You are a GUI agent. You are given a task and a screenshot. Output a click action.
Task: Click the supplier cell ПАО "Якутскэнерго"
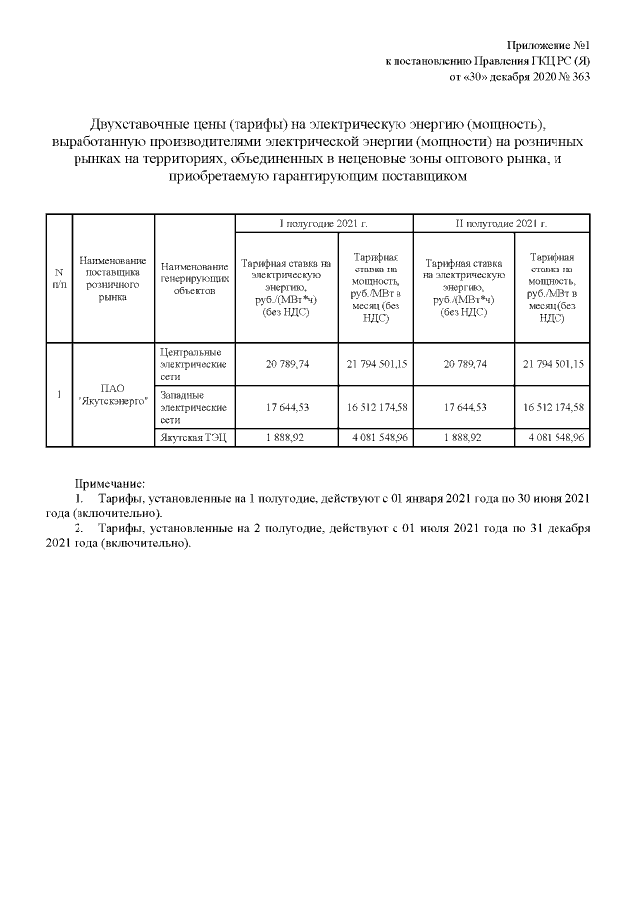click(114, 394)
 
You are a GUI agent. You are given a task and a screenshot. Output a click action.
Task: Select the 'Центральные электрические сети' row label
click(192, 365)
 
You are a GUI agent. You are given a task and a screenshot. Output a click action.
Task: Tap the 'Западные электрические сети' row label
click(192, 408)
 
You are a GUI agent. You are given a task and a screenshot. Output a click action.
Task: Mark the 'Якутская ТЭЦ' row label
click(192, 437)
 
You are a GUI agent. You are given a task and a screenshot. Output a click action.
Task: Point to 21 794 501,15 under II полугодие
click(553, 365)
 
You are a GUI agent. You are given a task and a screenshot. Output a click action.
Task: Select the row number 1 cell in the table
click(60, 394)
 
